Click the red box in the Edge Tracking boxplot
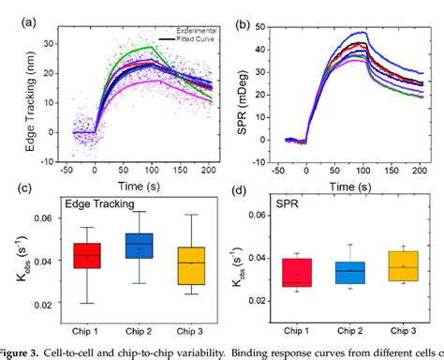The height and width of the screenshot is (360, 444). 88,255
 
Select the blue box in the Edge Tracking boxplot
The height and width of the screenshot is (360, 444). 139,246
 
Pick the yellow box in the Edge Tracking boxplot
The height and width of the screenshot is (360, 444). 191,265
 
